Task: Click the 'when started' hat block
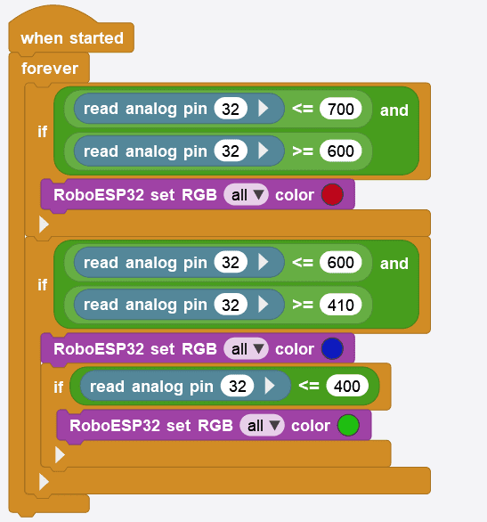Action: click(71, 38)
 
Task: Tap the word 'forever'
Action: click(50, 69)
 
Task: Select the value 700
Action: click(339, 110)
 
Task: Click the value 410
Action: click(339, 305)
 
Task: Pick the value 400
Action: click(347, 387)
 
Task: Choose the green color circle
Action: click(347, 426)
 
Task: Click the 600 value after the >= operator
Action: click(339, 151)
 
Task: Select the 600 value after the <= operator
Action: click(339, 264)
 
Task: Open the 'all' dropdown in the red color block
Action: click(246, 195)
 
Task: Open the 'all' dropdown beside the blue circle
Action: click(246, 349)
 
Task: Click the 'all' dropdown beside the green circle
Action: click(262, 426)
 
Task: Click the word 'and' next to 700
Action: click(394, 110)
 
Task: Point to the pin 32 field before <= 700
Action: click(230, 110)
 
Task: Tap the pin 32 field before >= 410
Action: click(230, 305)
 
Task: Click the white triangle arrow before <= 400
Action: click(270, 387)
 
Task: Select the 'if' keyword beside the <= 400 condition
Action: click(58, 387)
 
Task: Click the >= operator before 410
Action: click(302, 305)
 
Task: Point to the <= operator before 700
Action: click(302, 110)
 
